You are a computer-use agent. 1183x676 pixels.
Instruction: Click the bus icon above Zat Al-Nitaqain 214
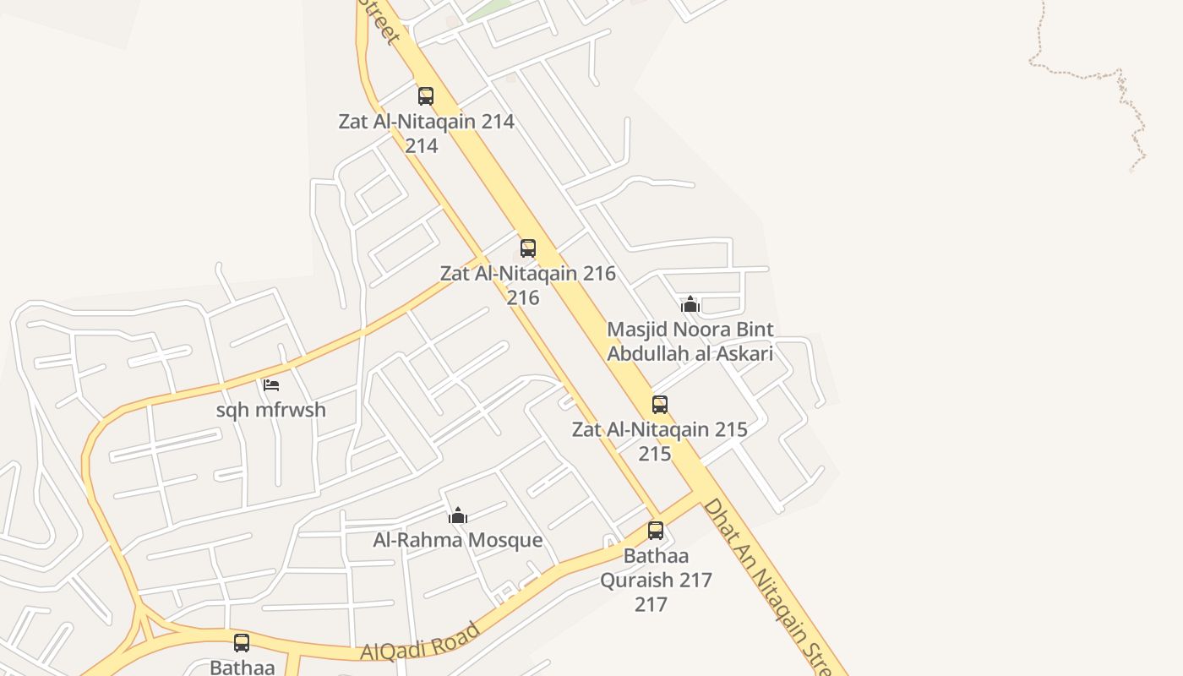coord(426,96)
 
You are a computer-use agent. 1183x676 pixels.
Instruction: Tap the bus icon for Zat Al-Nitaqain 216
coord(528,248)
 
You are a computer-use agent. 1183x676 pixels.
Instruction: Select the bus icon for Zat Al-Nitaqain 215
coord(660,405)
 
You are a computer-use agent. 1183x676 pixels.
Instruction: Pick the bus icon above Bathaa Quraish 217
coord(656,531)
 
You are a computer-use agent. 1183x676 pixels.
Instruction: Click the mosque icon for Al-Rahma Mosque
coord(458,515)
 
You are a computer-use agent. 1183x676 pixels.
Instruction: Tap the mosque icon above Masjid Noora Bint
coord(690,304)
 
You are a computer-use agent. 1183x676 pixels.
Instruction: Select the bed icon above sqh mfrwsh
coord(271,385)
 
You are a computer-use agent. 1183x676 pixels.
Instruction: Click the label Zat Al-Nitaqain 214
coord(426,122)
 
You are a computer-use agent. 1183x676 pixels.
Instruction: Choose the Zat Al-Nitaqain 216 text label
coord(527,274)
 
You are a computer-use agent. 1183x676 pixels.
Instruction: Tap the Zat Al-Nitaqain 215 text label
coord(659,429)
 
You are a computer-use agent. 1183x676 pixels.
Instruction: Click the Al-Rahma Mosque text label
coord(458,540)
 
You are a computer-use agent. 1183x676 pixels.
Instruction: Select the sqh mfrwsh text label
coord(271,411)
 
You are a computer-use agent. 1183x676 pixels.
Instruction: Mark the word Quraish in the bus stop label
coord(656,581)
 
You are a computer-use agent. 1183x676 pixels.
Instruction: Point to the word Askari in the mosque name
coord(743,353)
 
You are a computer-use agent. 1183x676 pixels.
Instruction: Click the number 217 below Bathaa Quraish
coord(651,604)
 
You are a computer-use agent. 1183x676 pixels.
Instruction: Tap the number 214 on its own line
coord(421,146)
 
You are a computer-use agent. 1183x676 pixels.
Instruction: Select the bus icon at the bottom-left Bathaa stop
coord(242,643)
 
